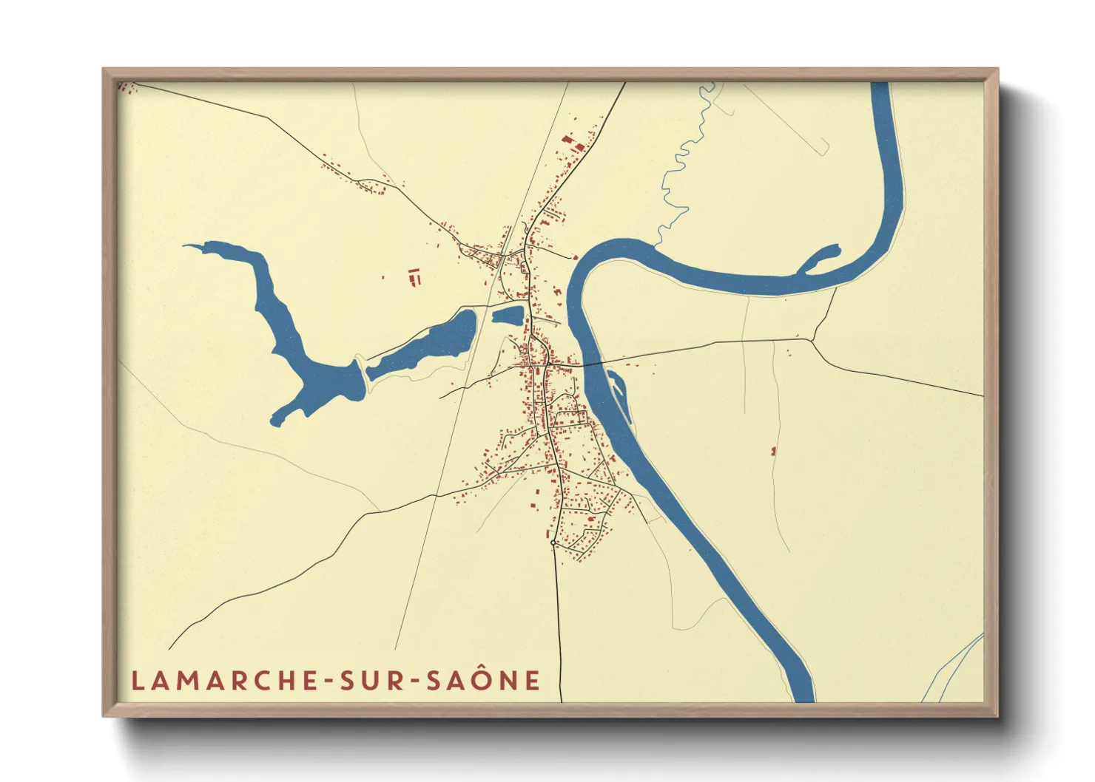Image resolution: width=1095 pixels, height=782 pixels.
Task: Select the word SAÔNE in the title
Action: tap(483, 681)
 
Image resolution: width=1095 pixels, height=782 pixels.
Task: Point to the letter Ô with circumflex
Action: tap(482, 679)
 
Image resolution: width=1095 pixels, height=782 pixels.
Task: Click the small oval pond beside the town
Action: tap(508, 316)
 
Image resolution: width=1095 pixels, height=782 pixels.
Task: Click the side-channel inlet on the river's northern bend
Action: tap(821, 258)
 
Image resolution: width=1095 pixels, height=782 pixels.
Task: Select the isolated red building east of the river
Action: tap(774, 450)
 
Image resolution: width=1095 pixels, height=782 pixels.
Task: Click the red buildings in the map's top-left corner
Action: tap(128, 89)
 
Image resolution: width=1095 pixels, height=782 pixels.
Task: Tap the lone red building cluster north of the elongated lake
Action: tap(414, 276)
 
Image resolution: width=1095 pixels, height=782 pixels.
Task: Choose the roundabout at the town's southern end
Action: tap(553, 543)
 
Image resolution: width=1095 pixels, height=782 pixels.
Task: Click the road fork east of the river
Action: tap(812, 341)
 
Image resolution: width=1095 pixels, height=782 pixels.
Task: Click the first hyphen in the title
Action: tap(324, 681)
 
